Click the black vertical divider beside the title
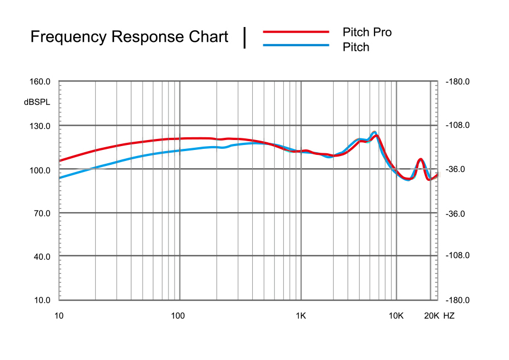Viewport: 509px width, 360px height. (x=245, y=37)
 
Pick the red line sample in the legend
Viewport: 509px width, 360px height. (x=296, y=32)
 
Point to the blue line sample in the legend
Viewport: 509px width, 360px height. (x=296, y=45)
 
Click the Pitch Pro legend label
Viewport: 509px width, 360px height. (x=367, y=32)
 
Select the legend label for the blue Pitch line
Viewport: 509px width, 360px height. (x=356, y=47)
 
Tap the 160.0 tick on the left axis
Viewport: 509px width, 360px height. (x=40, y=82)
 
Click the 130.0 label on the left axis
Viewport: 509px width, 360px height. (x=40, y=126)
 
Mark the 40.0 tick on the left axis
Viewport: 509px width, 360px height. (x=41, y=257)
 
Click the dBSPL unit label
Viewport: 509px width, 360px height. (x=37, y=102)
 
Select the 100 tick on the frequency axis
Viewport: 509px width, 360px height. (x=177, y=316)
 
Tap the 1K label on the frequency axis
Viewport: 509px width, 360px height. (x=300, y=316)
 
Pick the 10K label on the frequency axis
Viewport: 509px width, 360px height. (x=396, y=316)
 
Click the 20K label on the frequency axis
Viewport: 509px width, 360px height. (x=431, y=316)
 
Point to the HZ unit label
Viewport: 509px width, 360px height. (x=449, y=316)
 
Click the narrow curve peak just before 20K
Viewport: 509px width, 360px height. (x=420, y=159)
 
